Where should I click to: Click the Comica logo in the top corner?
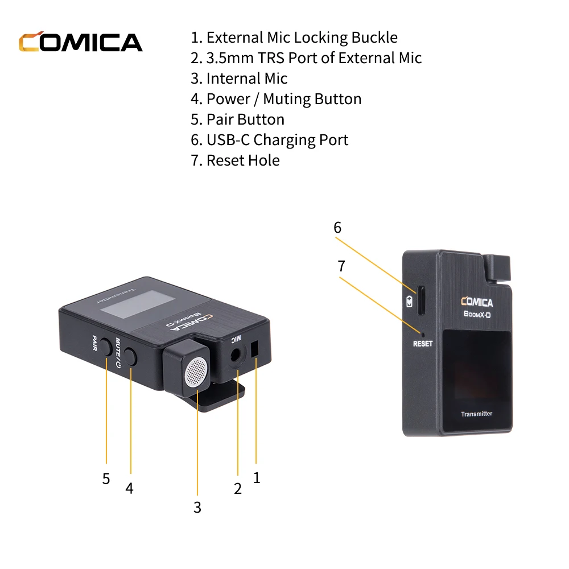click(80, 43)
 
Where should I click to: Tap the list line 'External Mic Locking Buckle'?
click(294, 38)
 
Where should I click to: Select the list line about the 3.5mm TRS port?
click(306, 58)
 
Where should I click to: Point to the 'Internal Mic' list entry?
click(239, 79)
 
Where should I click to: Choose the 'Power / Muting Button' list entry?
click(276, 99)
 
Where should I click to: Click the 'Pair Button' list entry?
click(237, 119)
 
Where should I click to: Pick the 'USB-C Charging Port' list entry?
click(269, 140)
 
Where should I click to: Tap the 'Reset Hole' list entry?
click(235, 160)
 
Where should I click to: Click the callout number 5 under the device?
click(106, 479)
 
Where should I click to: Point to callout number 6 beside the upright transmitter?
click(337, 228)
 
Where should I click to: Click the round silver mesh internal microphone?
click(195, 372)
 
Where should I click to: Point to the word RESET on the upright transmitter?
click(422, 344)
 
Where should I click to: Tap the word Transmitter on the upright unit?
click(476, 414)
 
